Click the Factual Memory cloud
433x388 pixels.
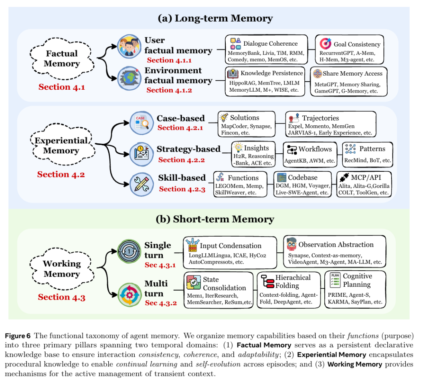click(x=62, y=59)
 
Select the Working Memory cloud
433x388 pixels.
click(x=62, y=269)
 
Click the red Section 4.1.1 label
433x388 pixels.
click(x=169, y=60)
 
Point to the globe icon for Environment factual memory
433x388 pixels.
click(x=129, y=78)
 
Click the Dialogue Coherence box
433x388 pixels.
click(x=266, y=49)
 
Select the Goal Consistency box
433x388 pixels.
click(x=349, y=49)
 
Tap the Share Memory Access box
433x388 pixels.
click(x=348, y=81)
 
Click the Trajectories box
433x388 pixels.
click(x=330, y=124)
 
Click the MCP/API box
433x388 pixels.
click(x=364, y=184)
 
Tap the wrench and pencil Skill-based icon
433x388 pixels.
click(x=142, y=184)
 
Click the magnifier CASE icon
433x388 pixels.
click(x=142, y=123)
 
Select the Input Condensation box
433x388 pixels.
click(x=230, y=253)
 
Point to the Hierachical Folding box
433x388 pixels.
click(x=289, y=290)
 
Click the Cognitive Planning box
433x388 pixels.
click(x=355, y=289)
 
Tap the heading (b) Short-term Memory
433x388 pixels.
click(x=215, y=219)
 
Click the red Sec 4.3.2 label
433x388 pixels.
click(x=161, y=303)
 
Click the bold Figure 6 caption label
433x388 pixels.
click(x=18, y=336)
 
